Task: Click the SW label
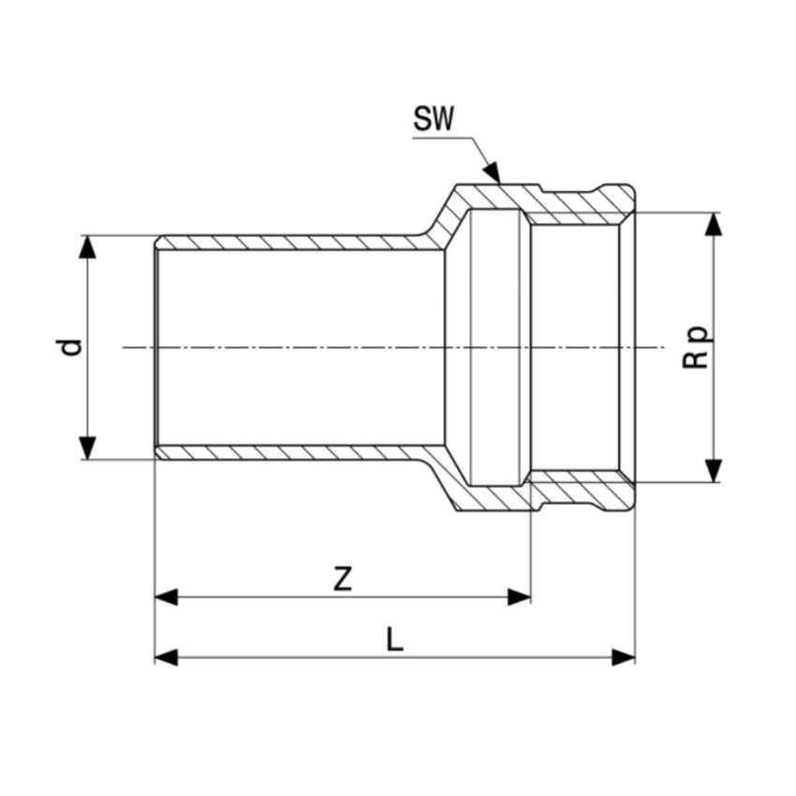tap(433, 119)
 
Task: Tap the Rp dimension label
tap(697, 346)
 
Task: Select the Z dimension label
tap(343, 580)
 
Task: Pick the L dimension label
tap(394, 640)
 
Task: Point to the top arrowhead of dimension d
tap(87, 246)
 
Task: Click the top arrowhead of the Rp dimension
tap(714, 224)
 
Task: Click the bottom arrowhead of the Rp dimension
tap(714, 470)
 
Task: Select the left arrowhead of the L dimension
tap(167, 657)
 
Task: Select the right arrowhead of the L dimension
tap(623, 657)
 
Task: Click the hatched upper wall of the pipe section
tap(281, 243)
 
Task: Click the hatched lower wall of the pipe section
tap(281, 452)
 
